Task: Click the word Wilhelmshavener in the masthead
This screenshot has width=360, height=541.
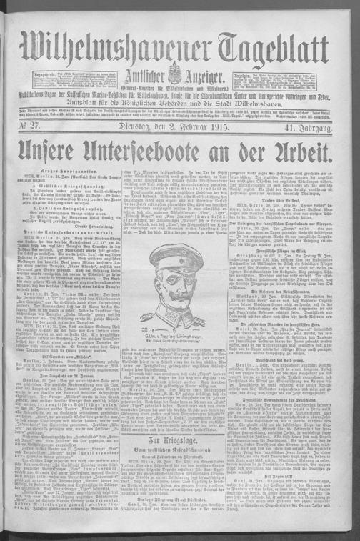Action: tap(114, 53)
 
